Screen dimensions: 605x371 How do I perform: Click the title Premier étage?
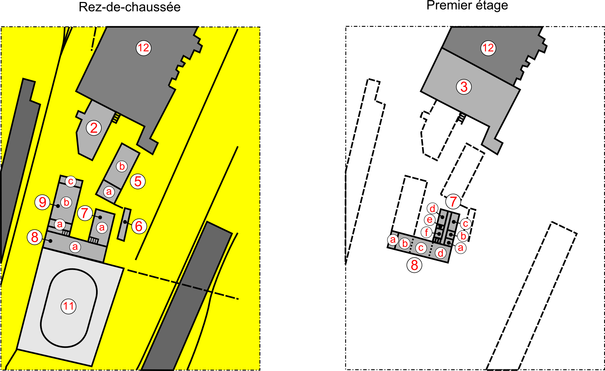[467, 6]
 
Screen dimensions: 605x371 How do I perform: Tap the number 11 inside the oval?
[68, 306]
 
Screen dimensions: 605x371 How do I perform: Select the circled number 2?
[94, 128]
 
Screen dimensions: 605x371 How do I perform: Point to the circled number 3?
[464, 87]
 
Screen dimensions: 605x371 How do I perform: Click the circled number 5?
[138, 181]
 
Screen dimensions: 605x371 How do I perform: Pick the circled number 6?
[139, 226]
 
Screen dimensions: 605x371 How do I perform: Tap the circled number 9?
[42, 202]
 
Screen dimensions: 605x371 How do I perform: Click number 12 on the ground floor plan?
[144, 48]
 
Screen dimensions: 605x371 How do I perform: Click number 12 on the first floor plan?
[488, 48]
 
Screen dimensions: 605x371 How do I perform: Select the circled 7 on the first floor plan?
[453, 201]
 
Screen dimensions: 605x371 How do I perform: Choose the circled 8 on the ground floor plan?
[35, 237]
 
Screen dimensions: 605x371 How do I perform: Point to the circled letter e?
[430, 220]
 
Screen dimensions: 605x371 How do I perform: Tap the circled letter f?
[427, 232]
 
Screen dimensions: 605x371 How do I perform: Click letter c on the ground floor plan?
[71, 181]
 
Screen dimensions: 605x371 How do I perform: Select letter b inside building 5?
[122, 166]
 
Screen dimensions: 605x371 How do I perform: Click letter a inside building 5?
[109, 192]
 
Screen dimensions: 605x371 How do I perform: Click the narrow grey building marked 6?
[124, 224]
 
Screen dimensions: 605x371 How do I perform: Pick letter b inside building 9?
[66, 202]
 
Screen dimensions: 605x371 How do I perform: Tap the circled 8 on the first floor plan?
[414, 265]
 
